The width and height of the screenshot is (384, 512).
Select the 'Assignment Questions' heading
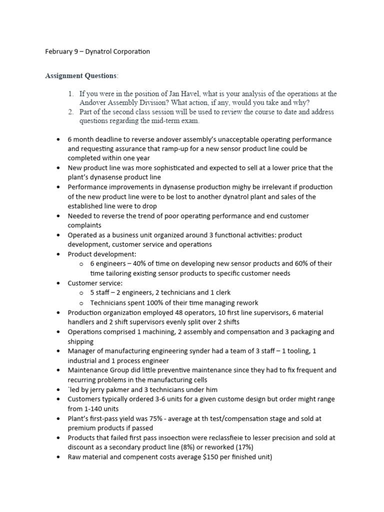[81, 76]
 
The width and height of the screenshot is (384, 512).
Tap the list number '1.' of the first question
[71, 93]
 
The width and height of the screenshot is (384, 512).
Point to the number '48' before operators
[178, 312]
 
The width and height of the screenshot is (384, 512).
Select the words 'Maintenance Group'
[99, 370]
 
